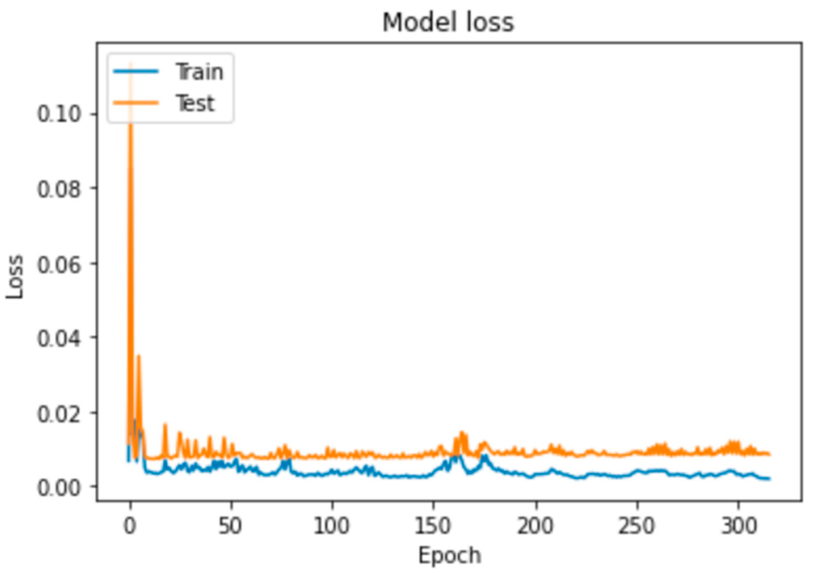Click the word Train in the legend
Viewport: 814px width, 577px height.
199,72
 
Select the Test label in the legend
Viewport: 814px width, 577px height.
195,103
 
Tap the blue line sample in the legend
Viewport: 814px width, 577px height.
136,71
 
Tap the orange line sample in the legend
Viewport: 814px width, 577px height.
136,103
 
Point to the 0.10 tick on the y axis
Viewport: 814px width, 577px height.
59,114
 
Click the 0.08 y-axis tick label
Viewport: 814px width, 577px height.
59,189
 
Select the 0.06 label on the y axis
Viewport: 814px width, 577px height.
59,265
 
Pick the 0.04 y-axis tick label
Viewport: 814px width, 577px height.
59,339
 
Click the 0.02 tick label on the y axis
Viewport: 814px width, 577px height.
59,414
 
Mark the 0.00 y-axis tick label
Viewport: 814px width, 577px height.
59,488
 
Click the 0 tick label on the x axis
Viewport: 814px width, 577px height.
130,526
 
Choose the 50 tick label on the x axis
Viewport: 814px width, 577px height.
230,526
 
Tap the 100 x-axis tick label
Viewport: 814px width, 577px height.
332,526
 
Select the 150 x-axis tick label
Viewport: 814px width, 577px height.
433,526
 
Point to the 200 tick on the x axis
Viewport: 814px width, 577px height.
535,526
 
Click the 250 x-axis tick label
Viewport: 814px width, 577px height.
637,526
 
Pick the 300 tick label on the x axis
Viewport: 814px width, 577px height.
738,526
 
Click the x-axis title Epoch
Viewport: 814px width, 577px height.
449,555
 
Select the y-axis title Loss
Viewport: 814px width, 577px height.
15,277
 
